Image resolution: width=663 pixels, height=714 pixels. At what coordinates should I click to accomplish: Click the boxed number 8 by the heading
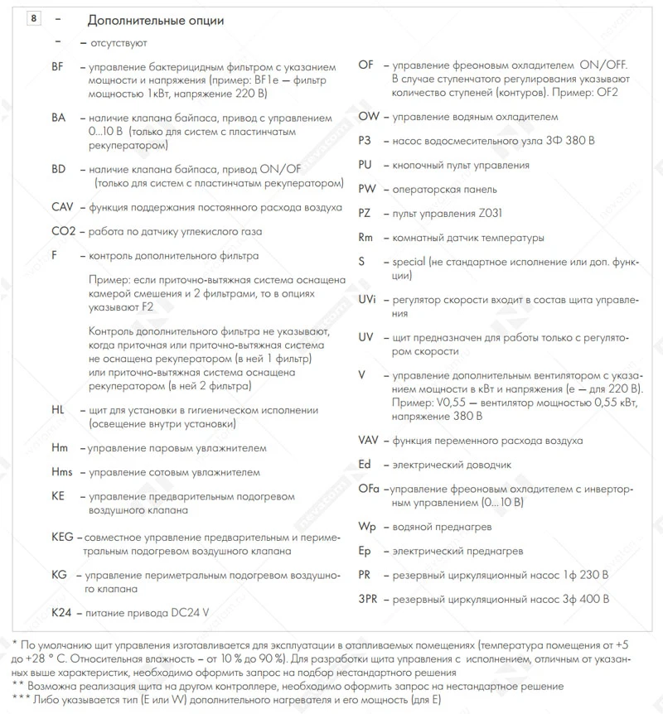pos(34,19)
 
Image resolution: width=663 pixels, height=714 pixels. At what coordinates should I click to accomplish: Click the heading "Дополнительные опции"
pos(155,20)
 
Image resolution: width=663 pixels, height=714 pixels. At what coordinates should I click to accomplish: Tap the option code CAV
pos(63,207)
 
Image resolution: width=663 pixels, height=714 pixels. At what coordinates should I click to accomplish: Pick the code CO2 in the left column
pos(63,231)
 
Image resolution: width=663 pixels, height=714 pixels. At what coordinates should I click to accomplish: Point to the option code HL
pos(57,410)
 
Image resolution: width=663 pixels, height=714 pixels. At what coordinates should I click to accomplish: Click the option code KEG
pos(63,538)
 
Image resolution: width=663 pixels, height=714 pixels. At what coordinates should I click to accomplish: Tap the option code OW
pos(369,117)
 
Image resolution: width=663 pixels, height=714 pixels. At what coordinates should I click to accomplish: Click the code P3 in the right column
pos(365,141)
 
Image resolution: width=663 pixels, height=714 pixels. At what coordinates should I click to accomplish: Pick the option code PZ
pos(365,214)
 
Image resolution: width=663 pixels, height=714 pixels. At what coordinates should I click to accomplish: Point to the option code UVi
pos(367,299)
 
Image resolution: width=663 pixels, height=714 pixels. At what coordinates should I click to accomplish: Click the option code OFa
pos(369,490)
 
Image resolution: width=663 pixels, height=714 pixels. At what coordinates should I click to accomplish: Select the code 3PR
pos(368,599)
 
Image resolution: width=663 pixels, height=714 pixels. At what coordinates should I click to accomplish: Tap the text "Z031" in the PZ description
pos(480,214)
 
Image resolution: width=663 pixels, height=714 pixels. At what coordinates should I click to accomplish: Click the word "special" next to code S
pos(409,262)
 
